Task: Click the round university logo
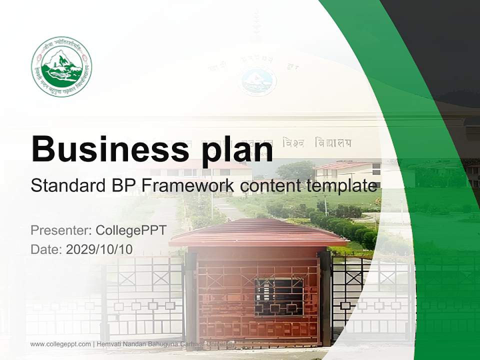pyautogui.click(x=61, y=66)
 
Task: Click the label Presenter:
pyautogui.click(x=59, y=230)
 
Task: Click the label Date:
pyautogui.click(x=46, y=249)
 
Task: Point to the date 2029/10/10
pyautogui.click(x=99, y=249)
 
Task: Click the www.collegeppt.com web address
pyautogui.click(x=60, y=344)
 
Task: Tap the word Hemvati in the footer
pyautogui.click(x=108, y=344)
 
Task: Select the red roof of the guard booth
pyautogui.click(x=257, y=232)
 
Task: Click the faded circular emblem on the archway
pyautogui.click(x=257, y=81)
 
